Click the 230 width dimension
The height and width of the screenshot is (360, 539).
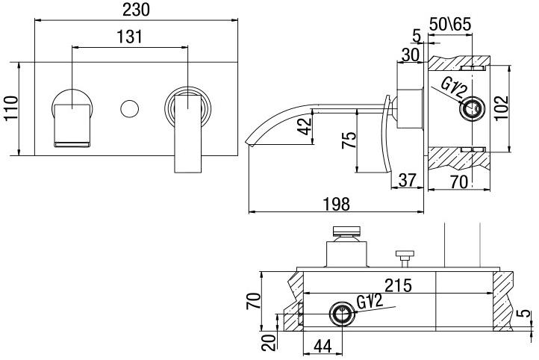(x=137, y=10)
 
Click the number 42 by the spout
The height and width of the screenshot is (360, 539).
(x=304, y=126)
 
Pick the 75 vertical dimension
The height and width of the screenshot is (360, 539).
(x=349, y=142)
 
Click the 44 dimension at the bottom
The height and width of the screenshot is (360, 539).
(x=322, y=347)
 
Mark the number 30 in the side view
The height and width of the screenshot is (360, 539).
(x=409, y=54)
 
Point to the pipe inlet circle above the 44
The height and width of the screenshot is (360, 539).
(x=343, y=314)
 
